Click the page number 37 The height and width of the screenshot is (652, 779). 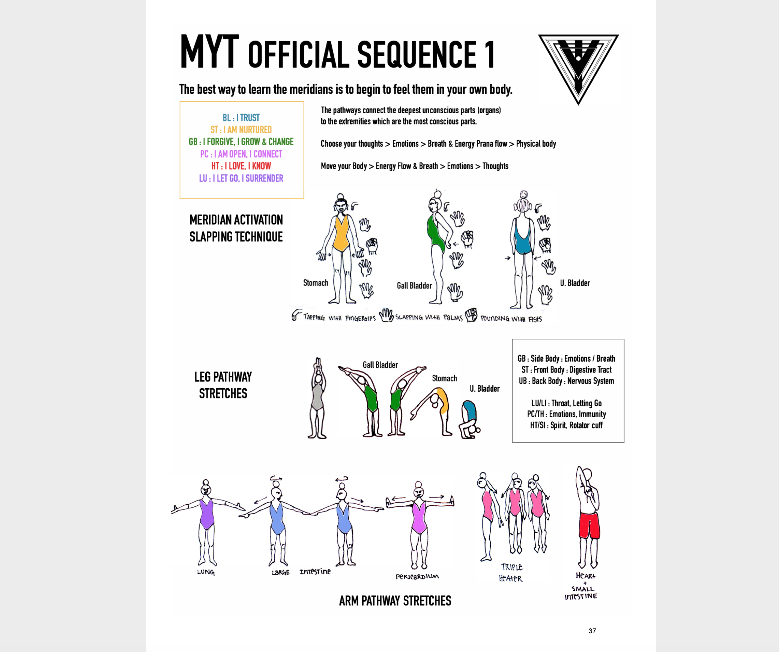click(592, 631)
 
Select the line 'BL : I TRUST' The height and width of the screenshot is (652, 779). click(241, 118)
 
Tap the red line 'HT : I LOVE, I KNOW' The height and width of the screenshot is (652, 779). click(241, 166)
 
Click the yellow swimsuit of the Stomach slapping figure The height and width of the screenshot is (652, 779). click(341, 234)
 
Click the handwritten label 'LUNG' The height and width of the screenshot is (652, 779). click(206, 572)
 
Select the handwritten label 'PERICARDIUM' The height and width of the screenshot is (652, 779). click(417, 577)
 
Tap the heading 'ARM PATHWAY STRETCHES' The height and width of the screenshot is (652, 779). click(395, 601)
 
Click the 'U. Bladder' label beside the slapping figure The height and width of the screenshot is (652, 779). click(575, 283)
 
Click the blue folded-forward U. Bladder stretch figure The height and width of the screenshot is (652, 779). click(469, 418)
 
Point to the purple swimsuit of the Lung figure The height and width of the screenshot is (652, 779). click(206, 514)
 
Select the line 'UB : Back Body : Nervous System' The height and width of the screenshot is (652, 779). click(566, 381)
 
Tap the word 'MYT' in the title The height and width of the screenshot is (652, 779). click(209, 53)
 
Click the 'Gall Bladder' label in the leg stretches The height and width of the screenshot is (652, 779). click(380, 365)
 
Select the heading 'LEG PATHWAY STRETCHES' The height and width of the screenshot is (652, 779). click(223, 385)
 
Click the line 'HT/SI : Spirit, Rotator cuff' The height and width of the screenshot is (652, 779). click(566, 425)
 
